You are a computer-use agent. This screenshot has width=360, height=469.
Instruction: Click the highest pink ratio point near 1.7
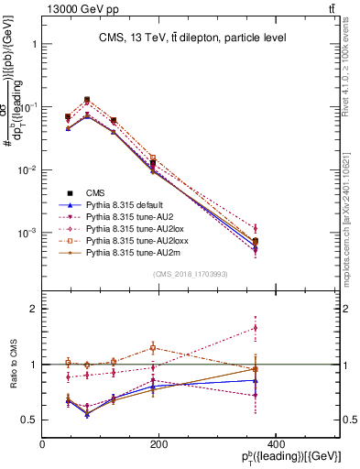pos(333,327)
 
